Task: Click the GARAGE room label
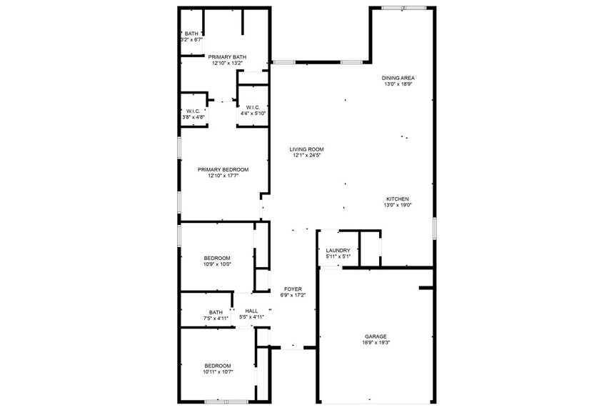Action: (x=376, y=336)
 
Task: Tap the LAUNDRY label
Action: (x=338, y=250)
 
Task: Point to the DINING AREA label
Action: (x=398, y=78)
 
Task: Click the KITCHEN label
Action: (x=398, y=199)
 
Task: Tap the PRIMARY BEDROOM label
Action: (x=223, y=169)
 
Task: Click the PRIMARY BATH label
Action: (x=227, y=56)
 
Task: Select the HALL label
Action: (x=251, y=311)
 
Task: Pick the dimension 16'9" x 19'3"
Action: (x=376, y=342)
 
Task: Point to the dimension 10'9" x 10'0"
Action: (x=217, y=264)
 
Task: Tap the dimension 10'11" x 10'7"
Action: (x=217, y=372)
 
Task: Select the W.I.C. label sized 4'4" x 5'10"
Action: (x=253, y=107)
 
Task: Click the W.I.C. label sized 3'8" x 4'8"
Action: (x=193, y=111)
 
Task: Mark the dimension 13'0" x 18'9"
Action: (x=398, y=84)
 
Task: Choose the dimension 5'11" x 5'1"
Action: (x=338, y=256)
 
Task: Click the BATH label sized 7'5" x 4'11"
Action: (x=216, y=311)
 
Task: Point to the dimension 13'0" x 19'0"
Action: (x=398, y=206)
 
